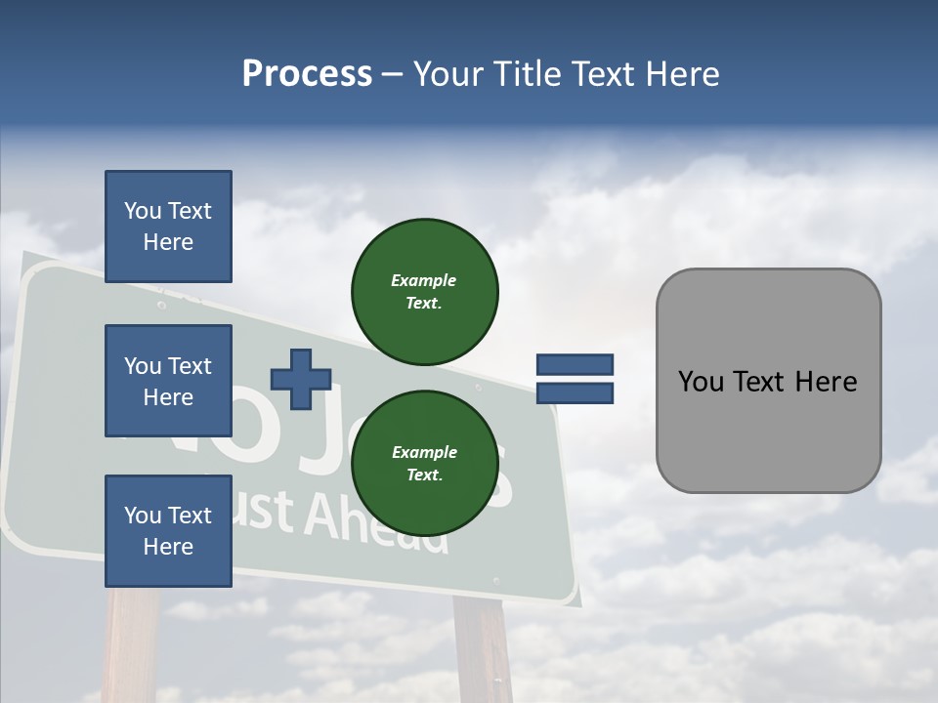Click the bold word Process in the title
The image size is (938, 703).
click(x=307, y=74)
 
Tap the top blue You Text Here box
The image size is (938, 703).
click(x=168, y=227)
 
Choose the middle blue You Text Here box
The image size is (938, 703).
click(x=168, y=381)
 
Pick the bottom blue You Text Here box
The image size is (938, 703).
click(x=168, y=531)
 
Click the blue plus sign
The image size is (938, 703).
click(x=300, y=379)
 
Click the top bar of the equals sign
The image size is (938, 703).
click(x=575, y=365)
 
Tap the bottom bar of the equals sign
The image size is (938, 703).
click(x=575, y=393)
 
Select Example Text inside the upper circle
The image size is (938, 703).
click(x=424, y=292)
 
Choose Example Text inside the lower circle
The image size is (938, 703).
click(x=424, y=464)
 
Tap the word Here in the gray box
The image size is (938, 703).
click(x=827, y=382)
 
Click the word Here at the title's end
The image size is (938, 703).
click(x=684, y=74)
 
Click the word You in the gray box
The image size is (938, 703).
click(x=701, y=382)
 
